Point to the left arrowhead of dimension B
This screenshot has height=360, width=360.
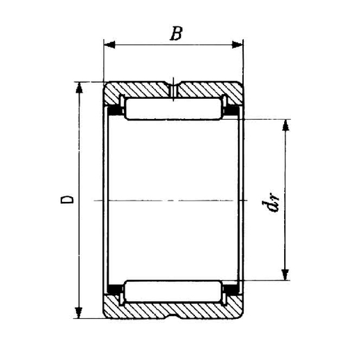point(109,47)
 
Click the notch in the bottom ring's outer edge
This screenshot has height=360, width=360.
point(174,314)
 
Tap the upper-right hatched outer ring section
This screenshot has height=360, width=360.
point(209,91)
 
